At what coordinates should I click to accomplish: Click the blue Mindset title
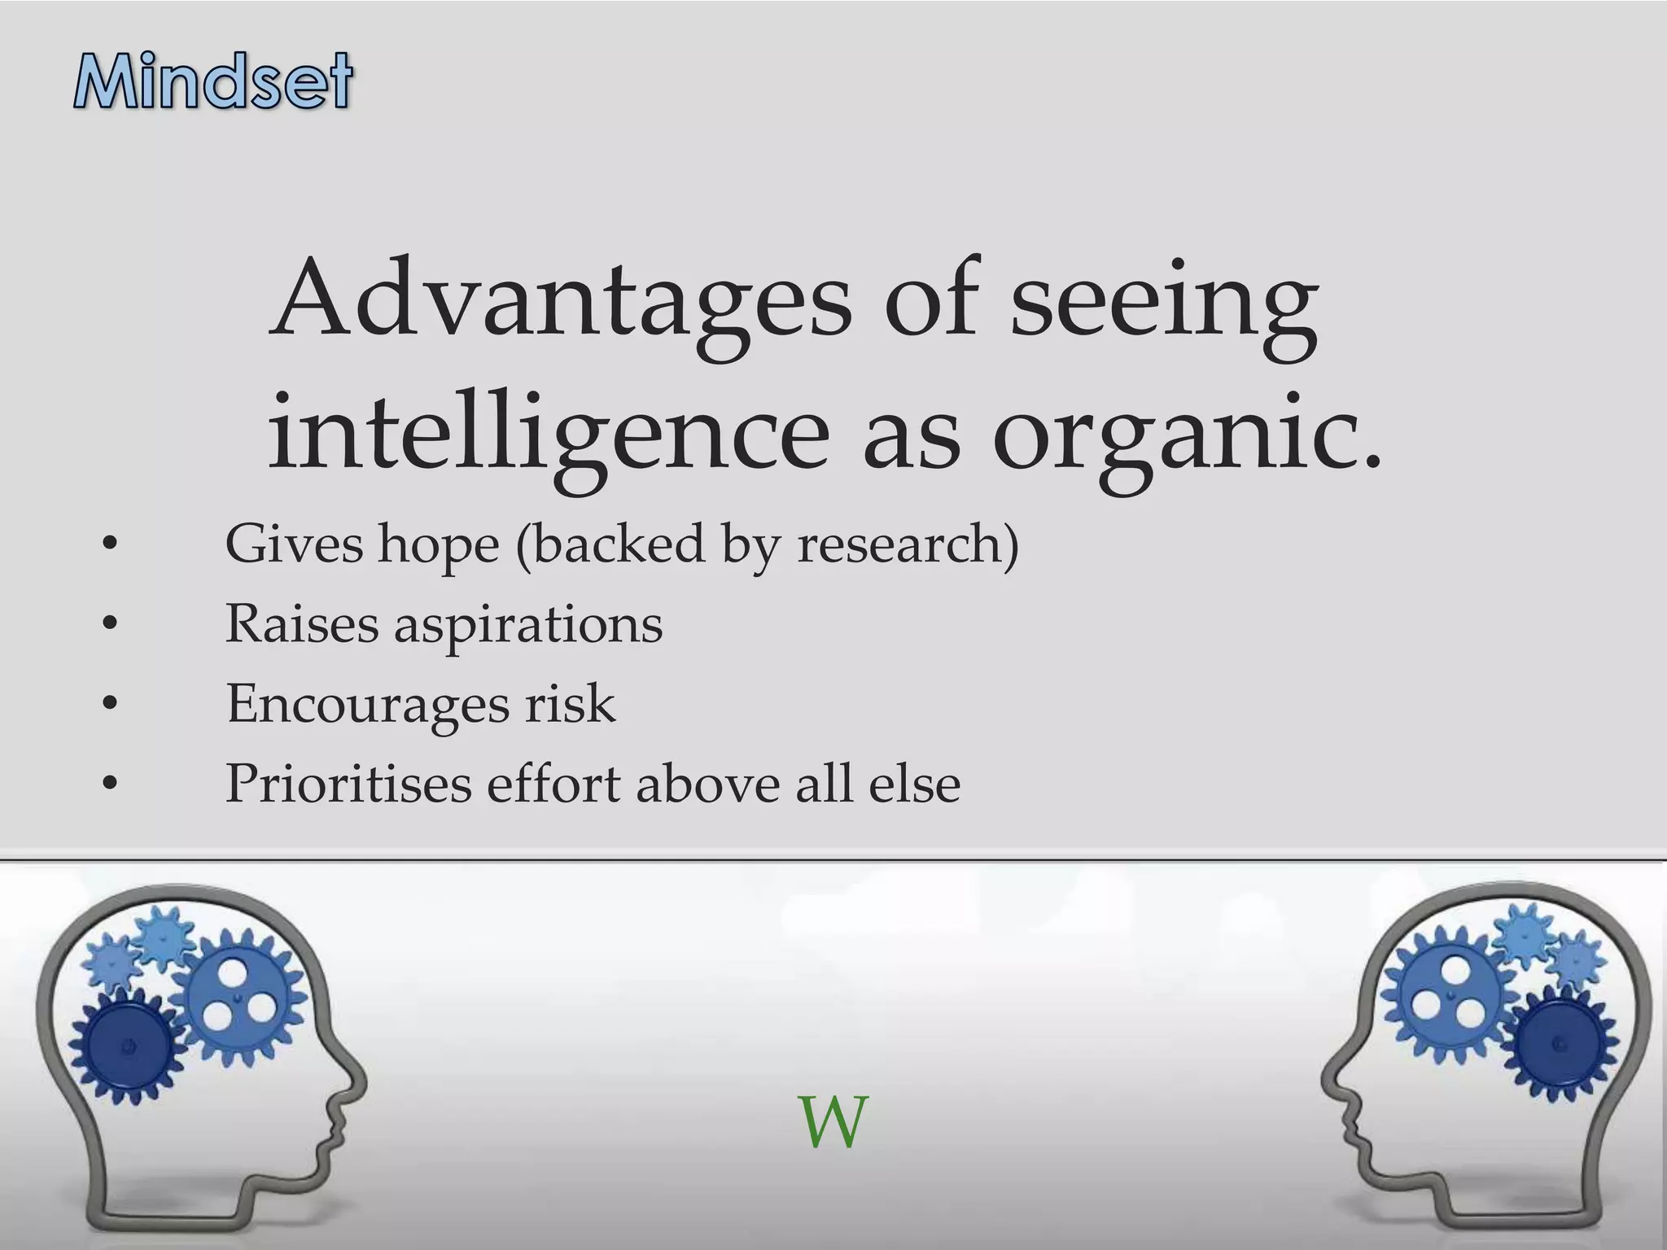point(213,81)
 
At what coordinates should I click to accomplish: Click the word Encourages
point(366,705)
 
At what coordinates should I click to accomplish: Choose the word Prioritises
point(348,784)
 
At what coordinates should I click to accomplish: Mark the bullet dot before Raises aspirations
point(111,625)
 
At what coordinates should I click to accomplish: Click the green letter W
point(833,1123)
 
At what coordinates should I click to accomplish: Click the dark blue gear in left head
point(126,1046)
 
